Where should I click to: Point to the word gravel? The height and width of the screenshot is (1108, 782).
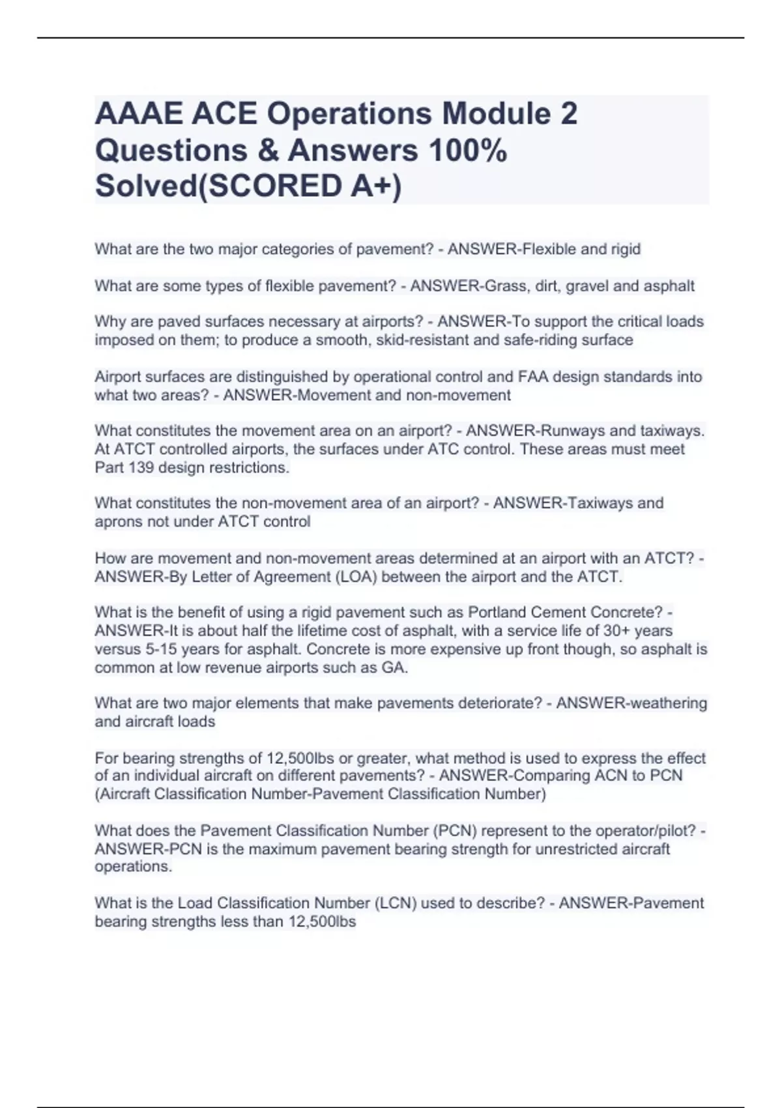589,285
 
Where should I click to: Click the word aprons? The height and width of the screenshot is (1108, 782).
117,521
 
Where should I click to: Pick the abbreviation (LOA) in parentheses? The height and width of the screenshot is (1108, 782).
356,577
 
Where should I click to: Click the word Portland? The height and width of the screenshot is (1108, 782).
497,612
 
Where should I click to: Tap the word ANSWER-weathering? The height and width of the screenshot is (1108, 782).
631,703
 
